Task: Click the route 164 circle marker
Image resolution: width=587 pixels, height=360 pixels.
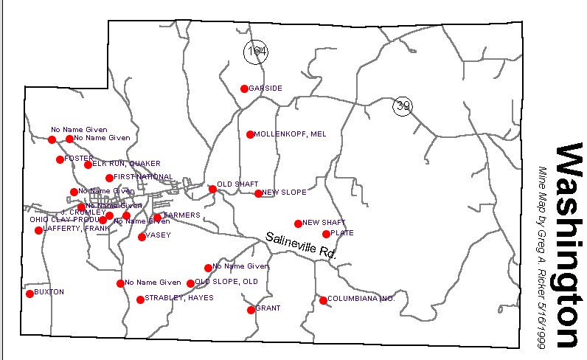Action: tap(256, 51)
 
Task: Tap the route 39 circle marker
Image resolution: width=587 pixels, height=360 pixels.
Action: tap(403, 106)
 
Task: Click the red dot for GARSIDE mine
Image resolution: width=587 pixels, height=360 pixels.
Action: tap(245, 89)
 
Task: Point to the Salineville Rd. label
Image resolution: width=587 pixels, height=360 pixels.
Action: tap(301, 244)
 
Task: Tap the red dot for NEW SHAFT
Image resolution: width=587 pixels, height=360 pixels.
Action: tap(298, 224)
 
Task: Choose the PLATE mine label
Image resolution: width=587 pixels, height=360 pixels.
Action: tap(342, 232)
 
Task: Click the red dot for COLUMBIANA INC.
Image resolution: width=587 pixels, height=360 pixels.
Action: tap(323, 300)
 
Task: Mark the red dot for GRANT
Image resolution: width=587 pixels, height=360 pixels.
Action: tap(251, 310)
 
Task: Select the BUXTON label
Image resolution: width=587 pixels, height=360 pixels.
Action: tap(49, 292)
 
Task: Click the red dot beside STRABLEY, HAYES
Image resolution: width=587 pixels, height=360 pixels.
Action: tap(140, 300)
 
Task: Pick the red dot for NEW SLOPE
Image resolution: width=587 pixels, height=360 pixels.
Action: tap(258, 193)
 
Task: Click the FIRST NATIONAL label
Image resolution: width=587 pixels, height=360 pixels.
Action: tap(144, 177)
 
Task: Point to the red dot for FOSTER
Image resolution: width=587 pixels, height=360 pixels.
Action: tap(60, 159)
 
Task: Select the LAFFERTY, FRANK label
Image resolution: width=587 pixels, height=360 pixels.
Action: tap(77, 229)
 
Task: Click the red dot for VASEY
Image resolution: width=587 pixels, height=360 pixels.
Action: tap(142, 237)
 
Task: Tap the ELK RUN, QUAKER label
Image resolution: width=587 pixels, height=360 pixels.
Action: tap(121, 163)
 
